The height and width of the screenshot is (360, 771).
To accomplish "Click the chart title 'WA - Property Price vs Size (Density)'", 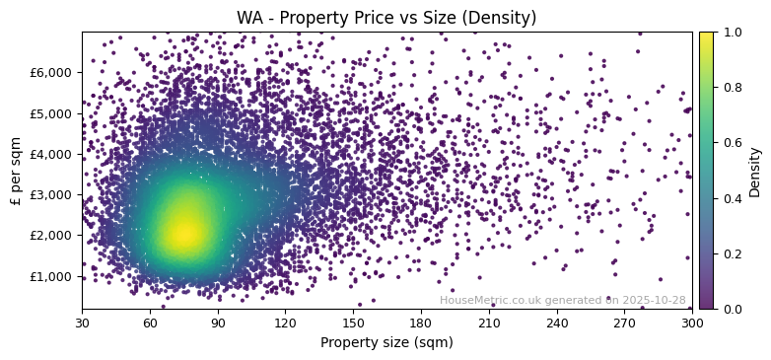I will coord(386,18).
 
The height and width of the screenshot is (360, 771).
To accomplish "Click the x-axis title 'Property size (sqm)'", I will coord(386,342).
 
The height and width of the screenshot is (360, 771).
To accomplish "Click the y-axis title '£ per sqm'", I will coord(16,171).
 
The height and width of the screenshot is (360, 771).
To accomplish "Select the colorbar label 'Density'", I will coord(755,171).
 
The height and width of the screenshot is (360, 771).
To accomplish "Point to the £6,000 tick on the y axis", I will coord(51,72).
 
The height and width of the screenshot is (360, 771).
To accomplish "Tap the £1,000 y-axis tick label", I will coord(51,276).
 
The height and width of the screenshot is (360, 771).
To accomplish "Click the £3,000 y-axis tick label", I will coord(51,194).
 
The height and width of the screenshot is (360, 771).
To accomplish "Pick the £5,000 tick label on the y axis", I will coord(51,113).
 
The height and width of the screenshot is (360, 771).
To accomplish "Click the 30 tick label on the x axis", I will coord(82,323).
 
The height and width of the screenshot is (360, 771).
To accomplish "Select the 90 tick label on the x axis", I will coord(218,323).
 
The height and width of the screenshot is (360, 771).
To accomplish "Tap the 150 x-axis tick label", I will coord(353,323).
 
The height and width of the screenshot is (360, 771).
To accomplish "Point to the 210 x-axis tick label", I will coord(489,323).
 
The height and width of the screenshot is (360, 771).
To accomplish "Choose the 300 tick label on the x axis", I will coord(692,323).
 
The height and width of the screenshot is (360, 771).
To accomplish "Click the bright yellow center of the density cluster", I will coord(183,233).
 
